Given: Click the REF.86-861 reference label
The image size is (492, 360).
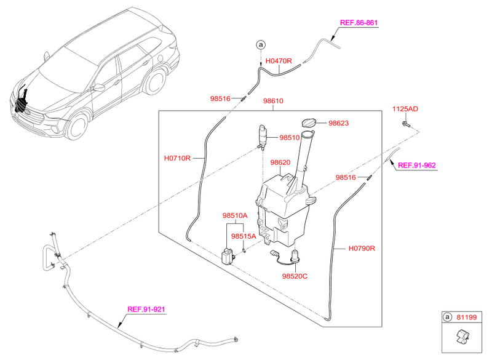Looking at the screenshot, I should (359, 23).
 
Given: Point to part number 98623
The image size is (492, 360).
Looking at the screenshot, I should (338, 123).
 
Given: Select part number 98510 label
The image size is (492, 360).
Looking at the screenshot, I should (292, 138).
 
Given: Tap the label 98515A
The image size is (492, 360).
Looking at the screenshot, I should (244, 236).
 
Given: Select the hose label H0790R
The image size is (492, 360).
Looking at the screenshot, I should (361, 249).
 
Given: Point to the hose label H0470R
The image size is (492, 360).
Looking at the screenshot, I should (279, 62).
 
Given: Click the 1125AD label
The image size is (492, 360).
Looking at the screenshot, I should (405, 109).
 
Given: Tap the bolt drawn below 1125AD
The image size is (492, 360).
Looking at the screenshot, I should (407, 125).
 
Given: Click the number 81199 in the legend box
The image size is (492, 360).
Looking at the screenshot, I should (467, 318).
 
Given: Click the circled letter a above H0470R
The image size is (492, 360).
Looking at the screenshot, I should (261, 44).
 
